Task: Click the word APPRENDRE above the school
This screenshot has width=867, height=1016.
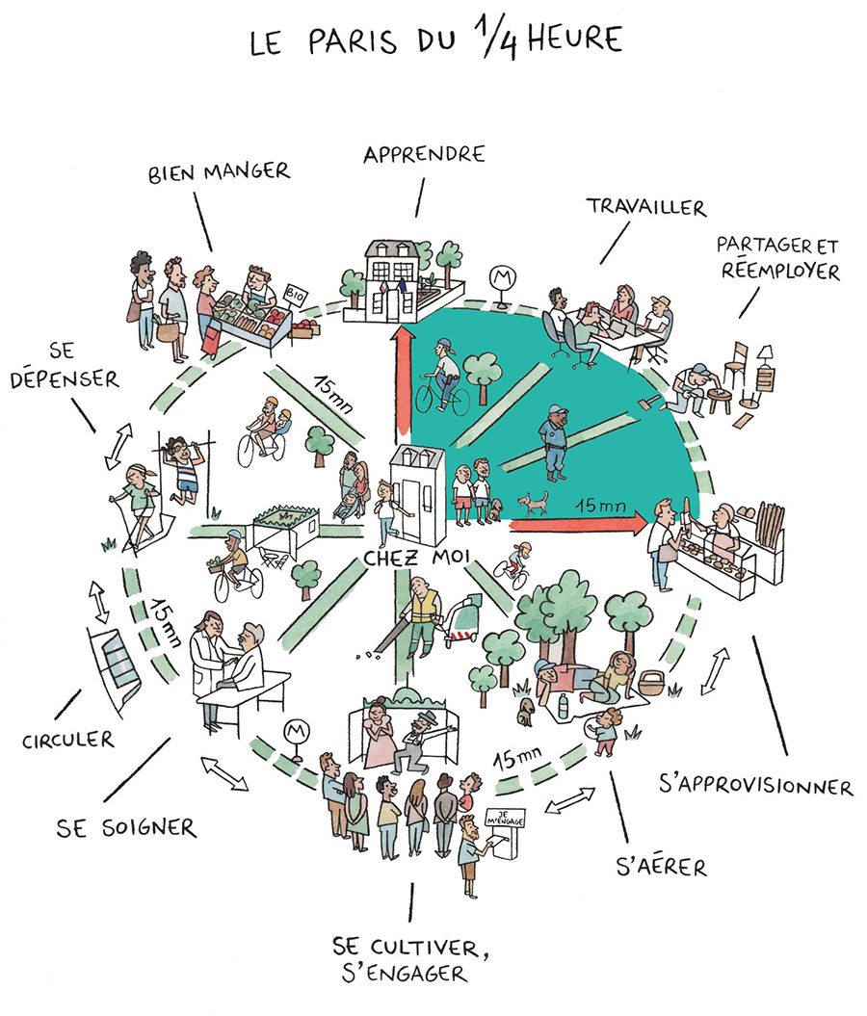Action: pos(424,155)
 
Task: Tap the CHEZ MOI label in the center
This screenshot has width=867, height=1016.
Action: pos(416,558)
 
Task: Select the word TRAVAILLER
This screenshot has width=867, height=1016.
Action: pos(646,207)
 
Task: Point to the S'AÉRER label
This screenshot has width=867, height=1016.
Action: pos(661,866)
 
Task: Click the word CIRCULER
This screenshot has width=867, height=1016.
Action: pos(68,740)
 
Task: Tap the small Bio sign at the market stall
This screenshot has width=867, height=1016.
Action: pos(295,295)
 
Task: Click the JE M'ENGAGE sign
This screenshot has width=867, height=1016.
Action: pos(506,819)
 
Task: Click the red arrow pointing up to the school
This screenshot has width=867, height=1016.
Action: pos(405,381)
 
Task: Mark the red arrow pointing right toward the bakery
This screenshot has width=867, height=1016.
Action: pos(578,523)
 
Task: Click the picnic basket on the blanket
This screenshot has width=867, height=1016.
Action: pos(650,681)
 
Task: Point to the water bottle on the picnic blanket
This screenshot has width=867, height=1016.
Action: pos(564,706)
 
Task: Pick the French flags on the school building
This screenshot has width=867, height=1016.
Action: pos(393,285)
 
